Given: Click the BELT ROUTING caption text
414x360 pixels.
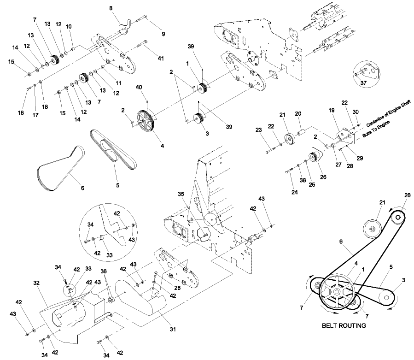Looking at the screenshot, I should [x=344, y=325].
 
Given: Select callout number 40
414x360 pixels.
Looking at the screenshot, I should [x=139, y=88].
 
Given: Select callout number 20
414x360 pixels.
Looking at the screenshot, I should [x=297, y=113].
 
